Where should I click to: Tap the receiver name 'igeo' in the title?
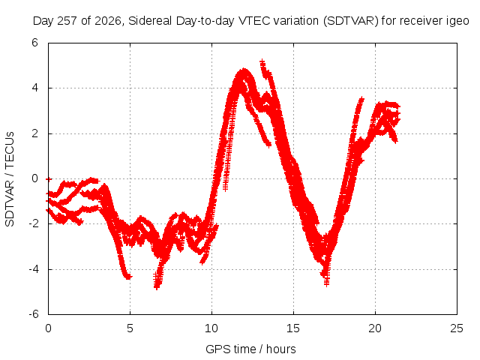(458, 22)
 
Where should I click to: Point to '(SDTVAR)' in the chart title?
(351, 21)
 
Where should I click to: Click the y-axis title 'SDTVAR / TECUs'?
(10, 179)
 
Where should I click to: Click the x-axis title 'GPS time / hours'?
(250, 349)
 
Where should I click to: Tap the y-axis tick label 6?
(34, 43)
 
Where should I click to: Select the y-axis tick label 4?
(34, 88)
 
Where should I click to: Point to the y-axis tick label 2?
(34, 133)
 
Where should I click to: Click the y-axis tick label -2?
(34, 223)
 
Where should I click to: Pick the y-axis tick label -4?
(34, 269)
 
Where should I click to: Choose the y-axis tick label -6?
(34, 314)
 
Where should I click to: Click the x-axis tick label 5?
(130, 328)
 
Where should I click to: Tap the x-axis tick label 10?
(211, 328)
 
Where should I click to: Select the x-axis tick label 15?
(293, 328)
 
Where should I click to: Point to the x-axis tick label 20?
(375, 328)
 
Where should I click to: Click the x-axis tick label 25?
(457, 328)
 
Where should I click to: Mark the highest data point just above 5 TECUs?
(262, 62)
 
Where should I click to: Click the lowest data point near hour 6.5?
(157, 287)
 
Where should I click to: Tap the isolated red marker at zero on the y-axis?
(49, 179)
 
